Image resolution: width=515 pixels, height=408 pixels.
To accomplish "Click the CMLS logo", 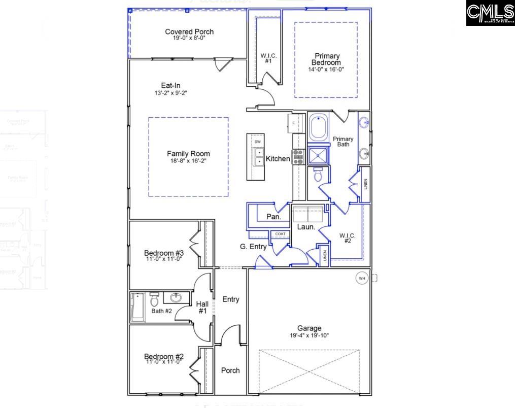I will [490, 13].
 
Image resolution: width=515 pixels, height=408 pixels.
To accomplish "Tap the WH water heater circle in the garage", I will [362, 278].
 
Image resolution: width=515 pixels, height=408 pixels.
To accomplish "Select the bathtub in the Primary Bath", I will [319, 128].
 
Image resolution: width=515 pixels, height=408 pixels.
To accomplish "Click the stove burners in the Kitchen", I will [298, 157].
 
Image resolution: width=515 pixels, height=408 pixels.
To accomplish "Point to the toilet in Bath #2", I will [155, 300].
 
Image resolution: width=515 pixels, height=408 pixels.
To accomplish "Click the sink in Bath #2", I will [177, 297].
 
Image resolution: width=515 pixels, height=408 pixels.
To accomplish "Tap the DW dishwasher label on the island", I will [258, 142].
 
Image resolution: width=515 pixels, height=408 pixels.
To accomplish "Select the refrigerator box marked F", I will [295, 123].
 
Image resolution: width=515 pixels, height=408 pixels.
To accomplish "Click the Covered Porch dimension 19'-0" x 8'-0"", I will [189, 38].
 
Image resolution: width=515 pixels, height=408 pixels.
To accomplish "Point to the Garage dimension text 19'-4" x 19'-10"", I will [309, 335].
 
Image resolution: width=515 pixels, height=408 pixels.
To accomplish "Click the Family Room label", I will [188, 154].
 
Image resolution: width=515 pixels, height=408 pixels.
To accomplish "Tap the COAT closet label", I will [280, 234].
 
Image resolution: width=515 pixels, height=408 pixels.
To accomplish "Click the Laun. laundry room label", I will [306, 227].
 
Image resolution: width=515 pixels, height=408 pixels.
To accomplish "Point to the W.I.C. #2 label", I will [348, 238].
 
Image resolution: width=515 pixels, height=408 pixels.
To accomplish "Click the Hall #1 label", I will [202, 307].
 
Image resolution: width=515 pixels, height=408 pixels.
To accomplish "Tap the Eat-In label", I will [171, 86].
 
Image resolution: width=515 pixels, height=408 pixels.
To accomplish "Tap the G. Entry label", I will [253, 247].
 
